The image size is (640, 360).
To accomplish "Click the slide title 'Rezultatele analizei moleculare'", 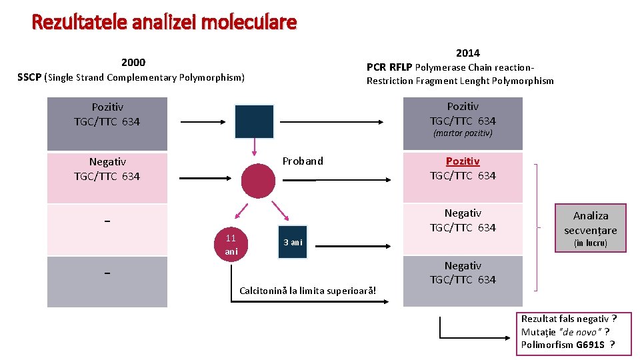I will [164, 23].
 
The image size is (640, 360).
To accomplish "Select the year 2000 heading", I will [133, 63].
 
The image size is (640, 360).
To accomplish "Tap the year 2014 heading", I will [467, 53].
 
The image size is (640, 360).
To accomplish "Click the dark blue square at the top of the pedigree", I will [254, 121].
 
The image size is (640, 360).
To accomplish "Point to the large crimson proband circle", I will [258, 181].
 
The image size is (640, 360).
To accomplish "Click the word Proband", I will [303, 161].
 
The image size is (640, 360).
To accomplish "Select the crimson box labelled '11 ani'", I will [231, 245].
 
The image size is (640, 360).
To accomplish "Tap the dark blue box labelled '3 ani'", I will [293, 242].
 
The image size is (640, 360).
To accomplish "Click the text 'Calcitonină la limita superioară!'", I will [312, 291].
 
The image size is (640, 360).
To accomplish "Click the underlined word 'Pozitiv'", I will [463, 161].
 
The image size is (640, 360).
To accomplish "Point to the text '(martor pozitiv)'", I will [463, 133].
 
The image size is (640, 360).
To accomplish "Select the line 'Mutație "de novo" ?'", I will [565, 331].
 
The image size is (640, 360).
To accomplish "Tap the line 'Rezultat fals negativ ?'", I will [569, 319].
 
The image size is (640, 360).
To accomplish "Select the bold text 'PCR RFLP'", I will [389, 67].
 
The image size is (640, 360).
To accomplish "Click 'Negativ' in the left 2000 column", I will [107, 161].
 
